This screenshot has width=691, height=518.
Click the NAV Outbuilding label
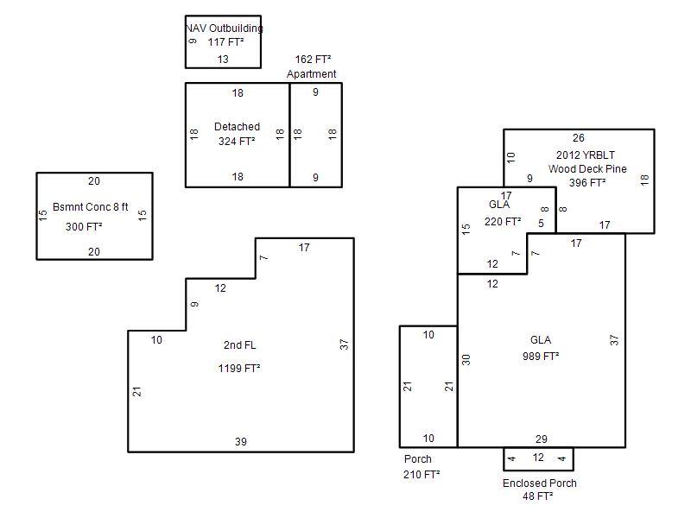225,28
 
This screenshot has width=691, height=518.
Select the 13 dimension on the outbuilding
223,60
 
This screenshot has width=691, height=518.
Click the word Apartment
312,74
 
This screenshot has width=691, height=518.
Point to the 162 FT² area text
312,60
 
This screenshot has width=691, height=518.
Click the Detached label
237,127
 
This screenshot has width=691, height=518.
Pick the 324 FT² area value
237,141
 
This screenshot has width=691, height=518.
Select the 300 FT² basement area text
84,228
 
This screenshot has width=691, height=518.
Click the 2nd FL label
239,345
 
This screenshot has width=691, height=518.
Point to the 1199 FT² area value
239,369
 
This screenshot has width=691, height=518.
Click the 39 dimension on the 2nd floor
241,442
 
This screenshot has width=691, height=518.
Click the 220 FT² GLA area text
503,221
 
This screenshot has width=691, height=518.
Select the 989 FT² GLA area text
541,356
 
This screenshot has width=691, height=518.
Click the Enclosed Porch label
540,483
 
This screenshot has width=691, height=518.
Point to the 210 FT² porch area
421,475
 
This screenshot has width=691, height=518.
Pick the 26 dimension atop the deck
578,137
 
